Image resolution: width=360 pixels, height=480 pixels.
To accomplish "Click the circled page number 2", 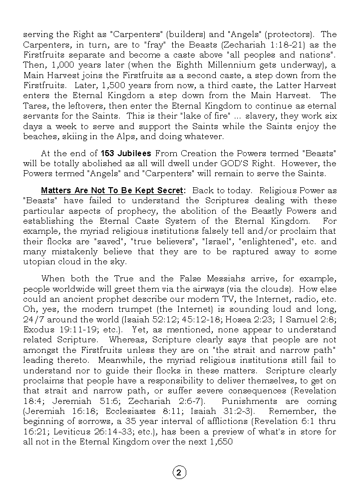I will coord(179,472).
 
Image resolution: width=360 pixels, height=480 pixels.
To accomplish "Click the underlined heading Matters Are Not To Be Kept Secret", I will coord(113,190).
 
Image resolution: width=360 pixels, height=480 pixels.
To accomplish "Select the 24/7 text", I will coord(33,319).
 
